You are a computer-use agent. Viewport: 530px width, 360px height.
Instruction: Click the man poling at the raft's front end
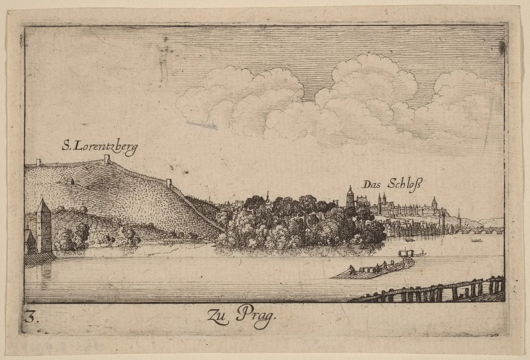(351, 270)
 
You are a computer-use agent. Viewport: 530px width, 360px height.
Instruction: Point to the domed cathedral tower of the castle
(350, 197)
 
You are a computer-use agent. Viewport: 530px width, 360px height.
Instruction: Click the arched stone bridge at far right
(481, 230)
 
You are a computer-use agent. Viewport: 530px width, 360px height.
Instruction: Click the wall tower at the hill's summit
(107, 159)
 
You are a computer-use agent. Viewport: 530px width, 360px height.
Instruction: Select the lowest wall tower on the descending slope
(168, 182)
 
